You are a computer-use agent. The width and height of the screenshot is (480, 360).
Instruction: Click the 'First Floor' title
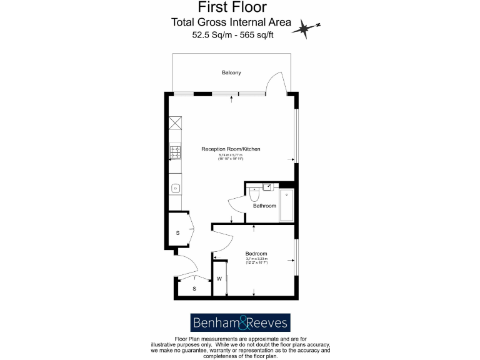[232, 7]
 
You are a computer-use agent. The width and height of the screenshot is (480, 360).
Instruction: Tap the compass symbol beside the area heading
[305, 27]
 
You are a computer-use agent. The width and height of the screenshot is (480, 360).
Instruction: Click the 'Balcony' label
[231, 73]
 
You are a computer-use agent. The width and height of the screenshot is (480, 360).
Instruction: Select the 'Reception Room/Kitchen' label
[231, 149]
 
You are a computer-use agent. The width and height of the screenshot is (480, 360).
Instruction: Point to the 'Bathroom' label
[264, 205]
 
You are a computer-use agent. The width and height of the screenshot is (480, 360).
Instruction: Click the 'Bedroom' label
[256, 253]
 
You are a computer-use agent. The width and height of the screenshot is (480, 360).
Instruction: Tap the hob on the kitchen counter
[175, 152]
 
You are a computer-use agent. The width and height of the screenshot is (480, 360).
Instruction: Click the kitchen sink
[176, 187]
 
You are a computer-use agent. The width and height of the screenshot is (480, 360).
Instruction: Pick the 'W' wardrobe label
[220, 279]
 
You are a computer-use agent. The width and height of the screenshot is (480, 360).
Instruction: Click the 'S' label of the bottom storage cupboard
[194, 288]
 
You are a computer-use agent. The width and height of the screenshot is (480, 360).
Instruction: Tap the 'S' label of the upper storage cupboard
[177, 232]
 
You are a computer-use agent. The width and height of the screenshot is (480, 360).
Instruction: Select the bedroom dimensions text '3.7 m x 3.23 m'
[256, 259]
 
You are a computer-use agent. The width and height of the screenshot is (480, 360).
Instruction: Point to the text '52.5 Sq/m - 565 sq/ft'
[232, 36]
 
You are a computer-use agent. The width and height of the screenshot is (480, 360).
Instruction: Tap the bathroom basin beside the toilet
[267, 186]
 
